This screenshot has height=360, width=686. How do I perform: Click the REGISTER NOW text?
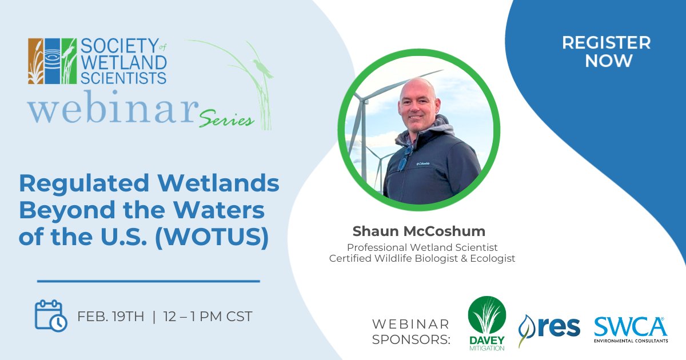(606, 51)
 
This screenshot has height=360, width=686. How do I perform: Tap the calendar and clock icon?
(51, 316)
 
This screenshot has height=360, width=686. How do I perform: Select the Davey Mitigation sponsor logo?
(486, 323)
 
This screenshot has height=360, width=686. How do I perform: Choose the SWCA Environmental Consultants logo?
(630, 330)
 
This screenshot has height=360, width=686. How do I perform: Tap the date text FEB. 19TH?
(111, 317)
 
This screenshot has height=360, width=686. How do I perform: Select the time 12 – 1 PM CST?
(207, 317)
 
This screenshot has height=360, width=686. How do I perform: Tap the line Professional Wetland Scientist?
(422, 247)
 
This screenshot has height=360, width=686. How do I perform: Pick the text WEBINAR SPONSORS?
(410, 332)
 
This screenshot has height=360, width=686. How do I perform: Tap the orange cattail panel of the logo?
(35, 61)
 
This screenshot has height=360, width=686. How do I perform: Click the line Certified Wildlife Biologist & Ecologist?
(422, 258)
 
